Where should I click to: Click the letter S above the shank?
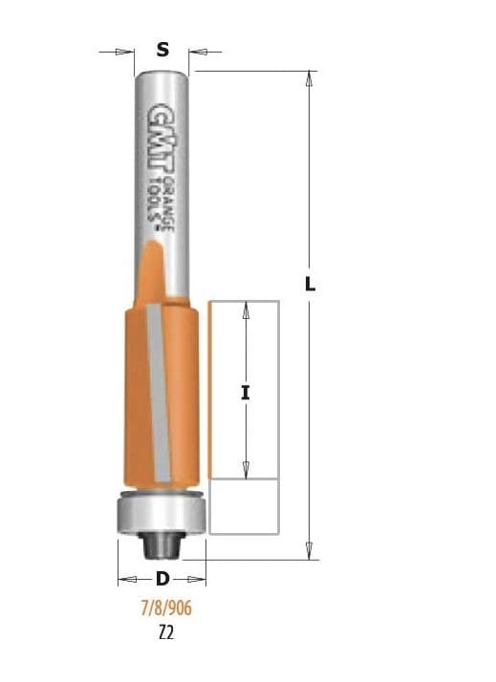pyautogui.click(x=162, y=50)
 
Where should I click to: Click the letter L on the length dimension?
pyautogui.click(x=310, y=285)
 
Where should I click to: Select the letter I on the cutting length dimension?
pyautogui.click(x=246, y=394)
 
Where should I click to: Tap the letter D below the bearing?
pyautogui.click(x=162, y=579)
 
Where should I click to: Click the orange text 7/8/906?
pyautogui.click(x=166, y=607)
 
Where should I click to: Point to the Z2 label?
pyautogui.click(x=166, y=633)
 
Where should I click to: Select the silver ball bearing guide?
pyautogui.click(x=162, y=512)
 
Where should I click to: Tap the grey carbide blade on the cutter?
pyautogui.click(x=159, y=393)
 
